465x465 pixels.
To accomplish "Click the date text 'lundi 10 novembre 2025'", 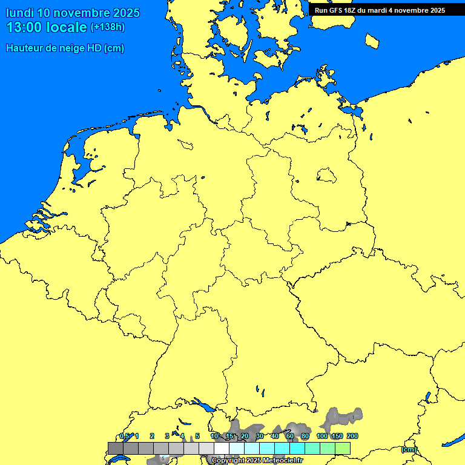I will (x=73, y=13).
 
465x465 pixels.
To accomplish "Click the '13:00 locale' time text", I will (x=47, y=27).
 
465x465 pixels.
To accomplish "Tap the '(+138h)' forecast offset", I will (x=107, y=27).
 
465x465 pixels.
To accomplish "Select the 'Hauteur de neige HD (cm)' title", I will (x=65, y=48).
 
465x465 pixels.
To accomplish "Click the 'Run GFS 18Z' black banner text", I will (x=380, y=10).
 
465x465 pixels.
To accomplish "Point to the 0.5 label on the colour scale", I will (x=124, y=436).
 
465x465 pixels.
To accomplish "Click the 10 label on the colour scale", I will (x=214, y=436).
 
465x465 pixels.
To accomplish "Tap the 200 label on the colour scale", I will (x=352, y=436).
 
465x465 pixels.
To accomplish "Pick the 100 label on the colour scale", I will (x=322, y=436).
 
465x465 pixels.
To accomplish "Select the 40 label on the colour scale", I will (x=275, y=436).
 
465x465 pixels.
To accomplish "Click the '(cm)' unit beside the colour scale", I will (x=409, y=449).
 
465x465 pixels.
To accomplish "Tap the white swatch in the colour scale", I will (x=222, y=448).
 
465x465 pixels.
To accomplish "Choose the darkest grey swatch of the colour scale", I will (x=116, y=448).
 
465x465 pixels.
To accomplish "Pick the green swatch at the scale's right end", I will (x=343, y=448).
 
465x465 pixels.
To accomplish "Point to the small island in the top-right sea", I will (x=372, y=41).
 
